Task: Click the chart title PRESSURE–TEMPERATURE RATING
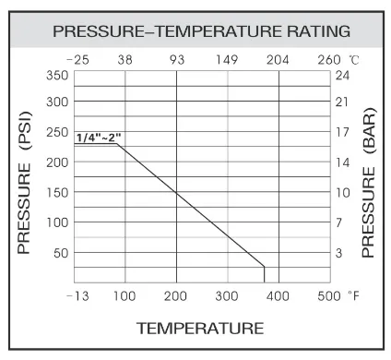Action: click(x=201, y=31)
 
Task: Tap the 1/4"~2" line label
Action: click(x=99, y=138)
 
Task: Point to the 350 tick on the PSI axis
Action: click(x=57, y=75)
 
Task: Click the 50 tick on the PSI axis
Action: click(x=61, y=252)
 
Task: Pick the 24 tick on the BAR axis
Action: click(x=341, y=75)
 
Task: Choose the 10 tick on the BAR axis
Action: click(x=341, y=192)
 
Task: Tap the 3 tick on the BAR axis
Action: click(x=338, y=252)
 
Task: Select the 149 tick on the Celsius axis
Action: click(x=227, y=61)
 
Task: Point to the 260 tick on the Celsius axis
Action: click(x=328, y=61)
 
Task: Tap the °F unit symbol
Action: click(x=352, y=296)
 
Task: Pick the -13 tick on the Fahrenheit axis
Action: click(x=77, y=296)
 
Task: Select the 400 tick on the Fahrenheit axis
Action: click(x=279, y=296)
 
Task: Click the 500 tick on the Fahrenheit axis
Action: click(x=329, y=296)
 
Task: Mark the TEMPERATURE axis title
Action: click(x=200, y=328)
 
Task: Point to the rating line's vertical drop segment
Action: click(x=265, y=273)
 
